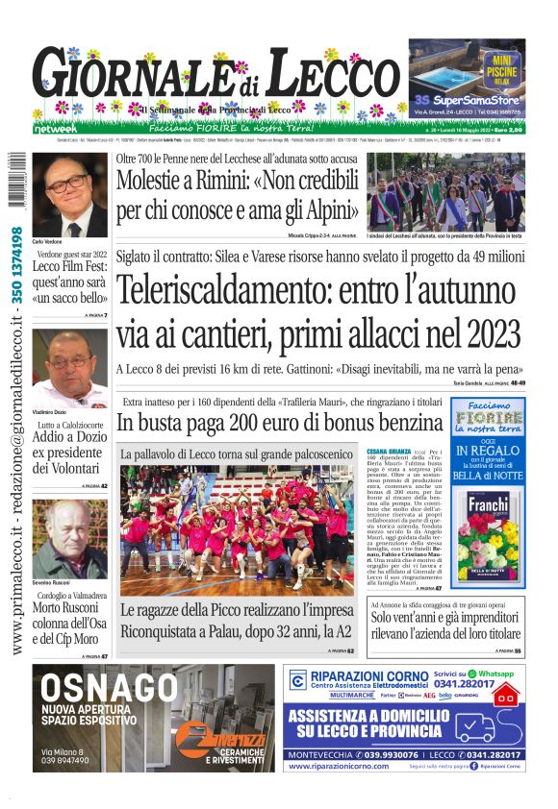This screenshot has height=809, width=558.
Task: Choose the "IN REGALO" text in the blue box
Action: click(x=488, y=450)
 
